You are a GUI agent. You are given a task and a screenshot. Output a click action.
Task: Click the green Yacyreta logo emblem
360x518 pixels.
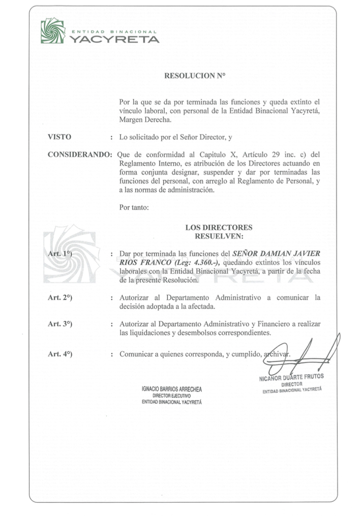click(x=52, y=31)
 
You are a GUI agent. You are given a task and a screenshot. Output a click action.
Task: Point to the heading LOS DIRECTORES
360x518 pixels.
click(x=219, y=228)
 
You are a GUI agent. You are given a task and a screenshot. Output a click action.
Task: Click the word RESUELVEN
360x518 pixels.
click(x=219, y=236)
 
